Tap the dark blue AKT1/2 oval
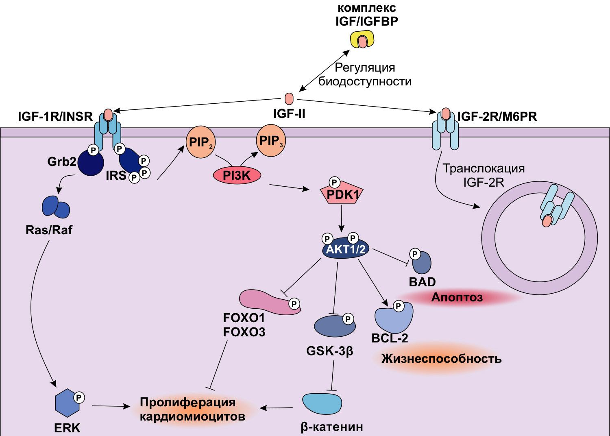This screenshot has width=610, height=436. coord(345,249)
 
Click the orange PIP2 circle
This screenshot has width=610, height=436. coord(200,142)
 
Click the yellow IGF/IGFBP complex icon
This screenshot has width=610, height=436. coord(362,40)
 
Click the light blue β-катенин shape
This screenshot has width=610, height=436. coord(322,403)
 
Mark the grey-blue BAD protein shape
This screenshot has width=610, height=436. coord(422,263)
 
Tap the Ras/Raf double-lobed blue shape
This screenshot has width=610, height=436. coord(56,207)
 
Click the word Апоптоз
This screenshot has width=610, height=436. coord(457,297)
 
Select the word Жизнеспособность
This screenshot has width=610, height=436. coord(441,359)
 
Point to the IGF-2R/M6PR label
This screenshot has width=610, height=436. coord(497,117)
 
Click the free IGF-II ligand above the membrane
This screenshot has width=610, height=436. coord(289,98)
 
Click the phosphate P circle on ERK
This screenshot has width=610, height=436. coord(79,397)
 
